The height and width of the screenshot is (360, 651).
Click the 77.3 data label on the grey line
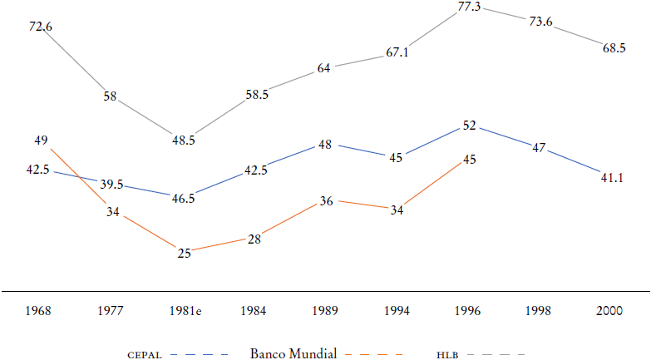pyautogui.click(x=470, y=7)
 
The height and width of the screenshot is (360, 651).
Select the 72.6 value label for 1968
pyautogui.click(x=40, y=27)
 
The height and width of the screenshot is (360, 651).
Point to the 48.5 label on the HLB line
pyautogui.click(x=184, y=141)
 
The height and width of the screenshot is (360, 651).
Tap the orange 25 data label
pyautogui.click(x=184, y=253)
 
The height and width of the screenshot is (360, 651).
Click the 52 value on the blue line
pyautogui.click(x=470, y=126)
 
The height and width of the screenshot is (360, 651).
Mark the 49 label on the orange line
pyautogui.click(x=41, y=139)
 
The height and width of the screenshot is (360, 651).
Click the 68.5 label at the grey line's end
pyautogui.click(x=614, y=49)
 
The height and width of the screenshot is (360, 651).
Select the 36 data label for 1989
pyautogui.click(x=327, y=200)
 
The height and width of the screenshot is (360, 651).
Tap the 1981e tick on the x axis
pyautogui.click(x=184, y=312)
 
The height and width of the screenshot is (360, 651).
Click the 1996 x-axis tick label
pyautogui.click(x=470, y=312)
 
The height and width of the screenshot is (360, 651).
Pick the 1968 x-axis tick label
pyautogui.click(x=39, y=312)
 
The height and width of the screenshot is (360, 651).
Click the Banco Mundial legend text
pyautogui.click(x=293, y=354)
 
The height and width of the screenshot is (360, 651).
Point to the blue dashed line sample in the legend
pyautogui.click(x=200, y=355)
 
